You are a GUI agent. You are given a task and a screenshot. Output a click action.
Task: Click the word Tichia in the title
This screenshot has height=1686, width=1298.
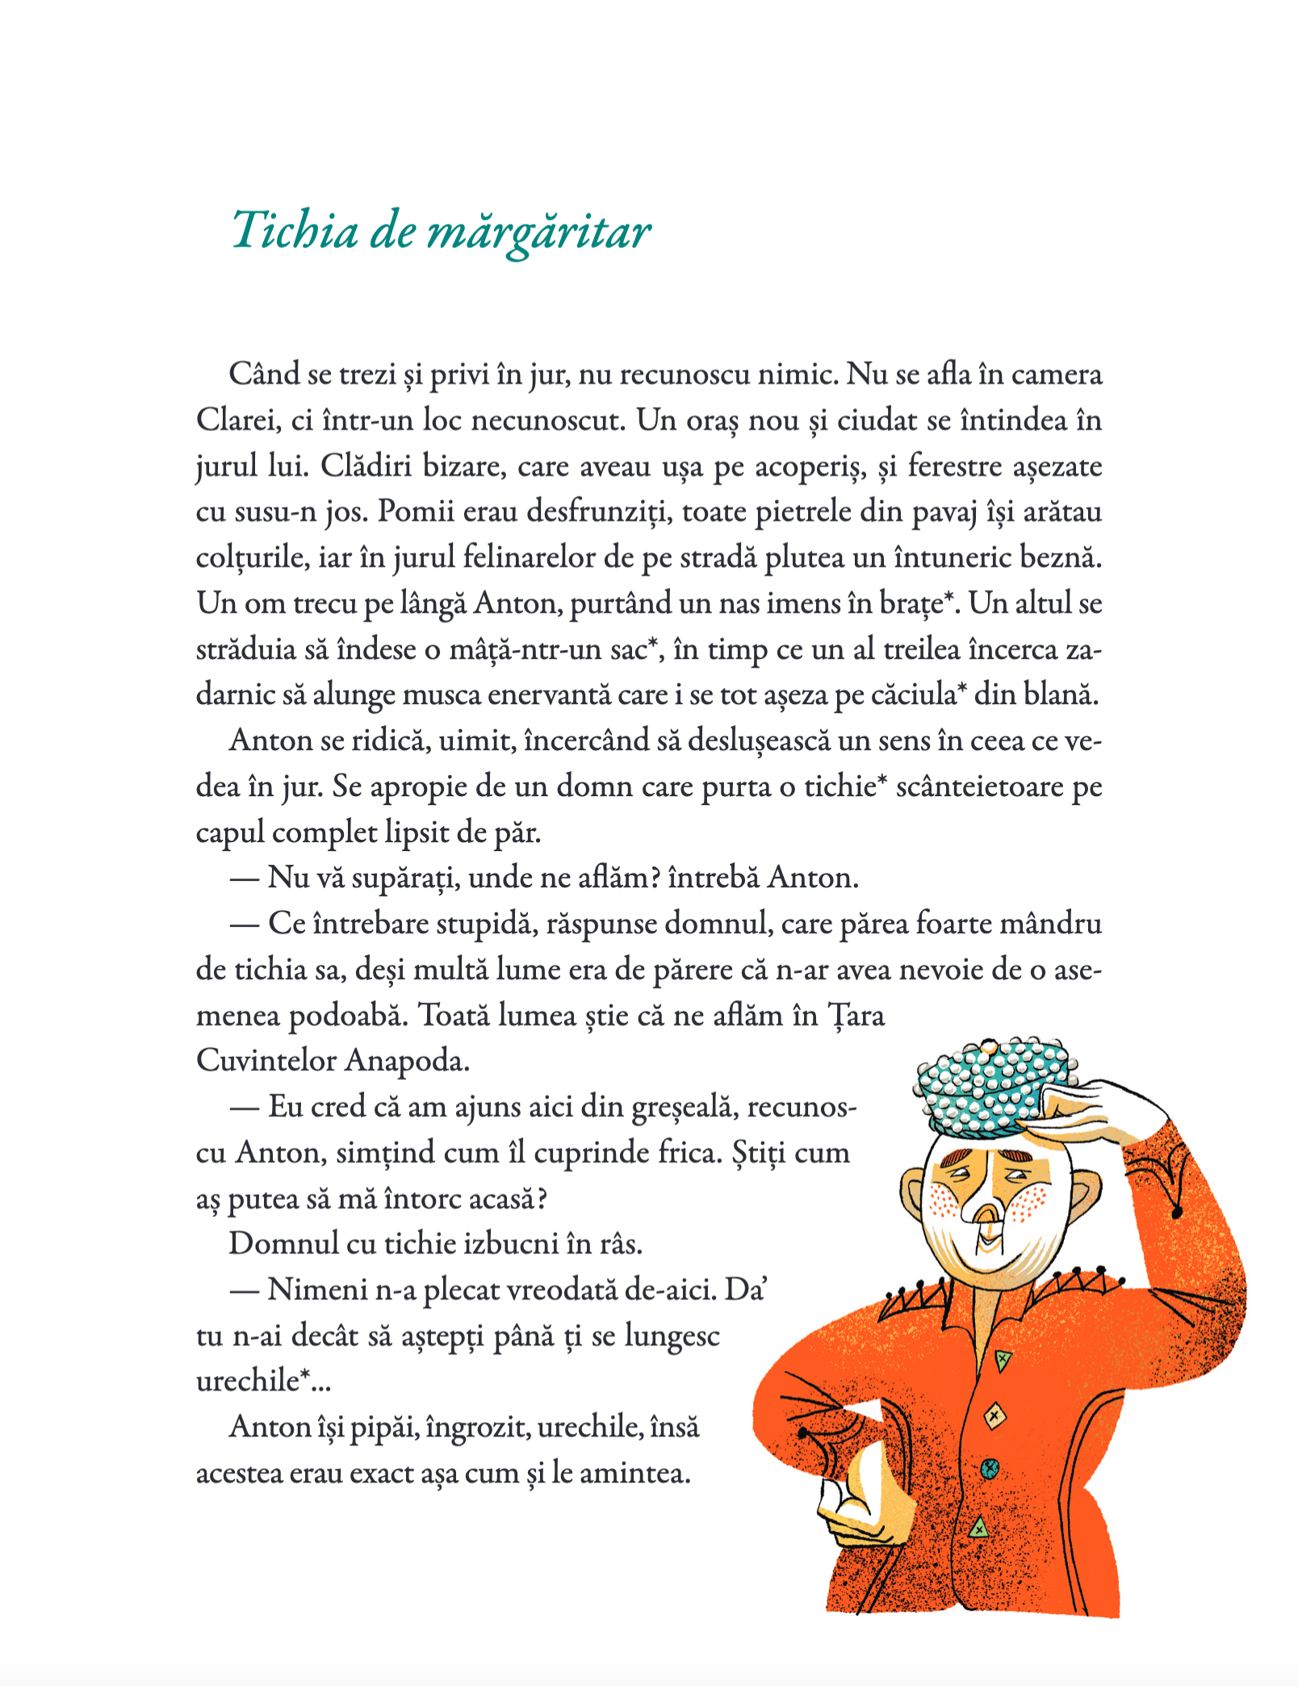(x=295, y=231)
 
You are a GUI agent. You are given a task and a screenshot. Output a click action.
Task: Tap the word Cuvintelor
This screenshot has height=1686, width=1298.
(x=266, y=1060)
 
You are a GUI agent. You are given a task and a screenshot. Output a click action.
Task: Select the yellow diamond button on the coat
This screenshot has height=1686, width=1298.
(x=994, y=1415)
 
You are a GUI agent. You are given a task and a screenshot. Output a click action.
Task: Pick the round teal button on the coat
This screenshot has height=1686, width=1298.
(x=990, y=1470)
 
